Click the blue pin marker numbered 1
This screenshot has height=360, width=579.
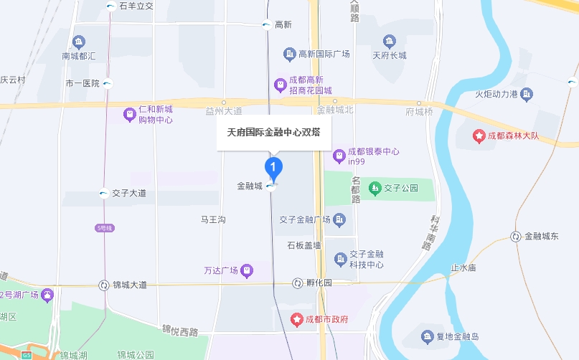(273, 168)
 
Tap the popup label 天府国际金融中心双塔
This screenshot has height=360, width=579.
(273, 133)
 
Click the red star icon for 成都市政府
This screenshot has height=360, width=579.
(296, 318)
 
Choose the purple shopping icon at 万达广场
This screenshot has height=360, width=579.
(247, 270)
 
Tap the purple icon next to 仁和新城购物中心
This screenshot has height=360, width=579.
(129, 114)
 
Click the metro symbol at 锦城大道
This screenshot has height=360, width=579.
(104, 285)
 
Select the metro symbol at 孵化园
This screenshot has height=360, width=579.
(297, 283)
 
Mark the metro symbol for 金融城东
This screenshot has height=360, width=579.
(516, 236)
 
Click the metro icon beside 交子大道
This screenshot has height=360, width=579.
(104, 192)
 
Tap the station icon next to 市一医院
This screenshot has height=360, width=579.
(107, 83)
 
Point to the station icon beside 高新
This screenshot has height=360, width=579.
(266, 24)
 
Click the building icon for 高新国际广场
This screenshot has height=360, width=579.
(289, 54)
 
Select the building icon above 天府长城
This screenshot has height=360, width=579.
(389, 41)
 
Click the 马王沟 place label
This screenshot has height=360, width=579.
(212, 219)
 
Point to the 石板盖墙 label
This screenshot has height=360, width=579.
(304, 245)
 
